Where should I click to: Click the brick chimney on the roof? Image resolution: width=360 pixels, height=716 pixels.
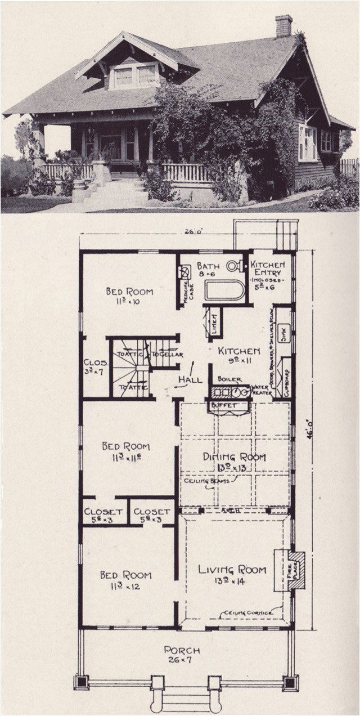[x=283, y=26]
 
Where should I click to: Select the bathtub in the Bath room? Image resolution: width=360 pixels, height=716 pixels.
[x=224, y=290]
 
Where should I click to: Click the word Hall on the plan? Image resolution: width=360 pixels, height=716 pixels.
[x=190, y=380]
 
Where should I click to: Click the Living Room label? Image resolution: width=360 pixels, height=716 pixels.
[x=232, y=570]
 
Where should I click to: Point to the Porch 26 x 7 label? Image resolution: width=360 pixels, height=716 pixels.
[x=181, y=654]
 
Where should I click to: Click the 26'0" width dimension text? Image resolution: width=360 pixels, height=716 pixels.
[x=190, y=230]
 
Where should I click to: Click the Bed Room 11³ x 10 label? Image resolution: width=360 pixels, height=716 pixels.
[x=129, y=296]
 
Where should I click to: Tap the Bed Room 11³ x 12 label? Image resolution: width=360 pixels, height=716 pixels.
[x=125, y=580]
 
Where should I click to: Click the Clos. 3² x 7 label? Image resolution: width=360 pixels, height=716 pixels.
[x=93, y=368]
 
